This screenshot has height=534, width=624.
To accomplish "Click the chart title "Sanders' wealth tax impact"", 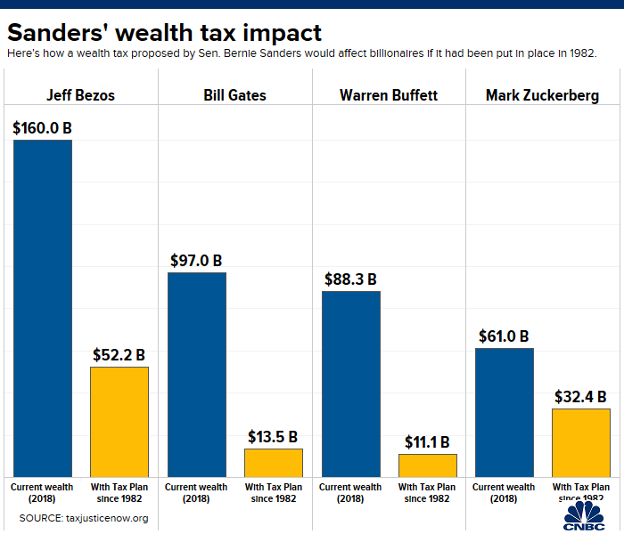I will [x=165, y=33].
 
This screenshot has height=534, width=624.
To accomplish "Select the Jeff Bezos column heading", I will [x=81, y=95].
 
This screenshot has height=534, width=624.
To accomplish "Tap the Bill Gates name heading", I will [x=235, y=95].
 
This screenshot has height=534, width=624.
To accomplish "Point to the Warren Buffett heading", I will [x=389, y=95].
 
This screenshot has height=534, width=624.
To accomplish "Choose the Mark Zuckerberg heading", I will [x=542, y=95].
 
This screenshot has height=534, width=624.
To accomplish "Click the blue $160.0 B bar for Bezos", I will [x=42, y=307].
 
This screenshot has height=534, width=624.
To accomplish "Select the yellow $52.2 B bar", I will [x=119, y=421].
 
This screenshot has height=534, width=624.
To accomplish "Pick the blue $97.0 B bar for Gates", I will [x=197, y=374].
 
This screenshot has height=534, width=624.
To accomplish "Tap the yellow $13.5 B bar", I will [x=274, y=462].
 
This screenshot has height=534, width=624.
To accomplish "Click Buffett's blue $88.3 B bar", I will [x=350, y=383].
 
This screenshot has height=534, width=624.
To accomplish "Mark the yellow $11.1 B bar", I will [x=427, y=465].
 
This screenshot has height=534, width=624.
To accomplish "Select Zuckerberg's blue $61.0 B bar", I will [x=504, y=411].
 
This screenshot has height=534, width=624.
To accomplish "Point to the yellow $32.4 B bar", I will [x=581, y=441].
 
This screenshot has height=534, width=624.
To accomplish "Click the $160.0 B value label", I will [x=43, y=128].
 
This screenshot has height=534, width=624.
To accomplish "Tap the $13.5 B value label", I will [x=274, y=437].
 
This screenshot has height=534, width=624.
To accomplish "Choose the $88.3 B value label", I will [x=351, y=279].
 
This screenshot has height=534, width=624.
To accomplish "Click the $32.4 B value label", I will [x=581, y=397].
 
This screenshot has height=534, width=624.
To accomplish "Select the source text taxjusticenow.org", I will [x=83, y=517].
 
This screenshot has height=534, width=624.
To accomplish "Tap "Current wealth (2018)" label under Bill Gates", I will [x=196, y=493].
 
